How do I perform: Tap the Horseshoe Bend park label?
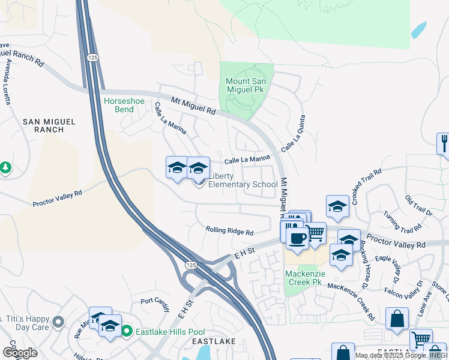(x=124, y=106)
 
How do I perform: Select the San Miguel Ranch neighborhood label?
(x=49, y=125)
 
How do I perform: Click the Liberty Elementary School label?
(x=243, y=180)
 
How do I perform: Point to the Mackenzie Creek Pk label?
(x=304, y=277)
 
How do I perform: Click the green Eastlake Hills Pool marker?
(x=127, y=331)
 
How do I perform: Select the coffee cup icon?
(x=296, y=238)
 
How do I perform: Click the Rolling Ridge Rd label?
(x=229, y=231)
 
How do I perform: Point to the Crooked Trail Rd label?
(x=367, y=187)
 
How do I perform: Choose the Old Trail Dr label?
(x=418, y=206)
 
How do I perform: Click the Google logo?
(x=20, y=352)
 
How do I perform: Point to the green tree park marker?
(x=5, y=167)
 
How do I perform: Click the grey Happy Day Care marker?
(x=58, y=322)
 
